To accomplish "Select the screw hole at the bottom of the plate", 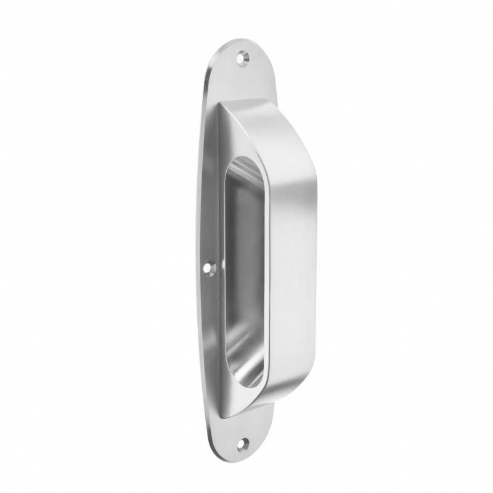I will pos(243,441).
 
